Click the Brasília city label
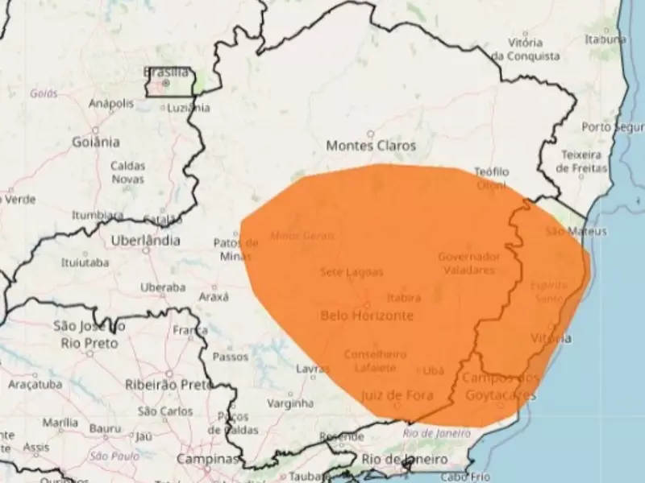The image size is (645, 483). (165, 72)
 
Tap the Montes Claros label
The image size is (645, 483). (371, 146)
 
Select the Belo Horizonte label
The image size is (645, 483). (367, 315)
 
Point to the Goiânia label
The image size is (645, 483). (95, 142)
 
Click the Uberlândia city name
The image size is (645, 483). (146, 240)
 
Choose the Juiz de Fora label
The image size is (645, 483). (398, 394)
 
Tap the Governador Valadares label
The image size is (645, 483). (468, 263)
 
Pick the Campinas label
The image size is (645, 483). (209, 459)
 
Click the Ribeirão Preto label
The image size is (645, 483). (168, 385)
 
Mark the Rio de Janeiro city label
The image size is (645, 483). (405, 458)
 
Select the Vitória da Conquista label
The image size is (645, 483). (525, 49)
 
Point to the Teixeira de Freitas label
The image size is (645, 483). (582, 161)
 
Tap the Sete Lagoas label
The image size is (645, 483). (352, 272)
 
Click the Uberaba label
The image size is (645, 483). (164, 287)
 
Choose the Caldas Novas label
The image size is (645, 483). (127, 172)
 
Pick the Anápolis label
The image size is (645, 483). (111, 103)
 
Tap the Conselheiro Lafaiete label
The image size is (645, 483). (375, 361)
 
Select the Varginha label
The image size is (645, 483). (289, 402)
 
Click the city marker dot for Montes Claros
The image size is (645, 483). (371, 134)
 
